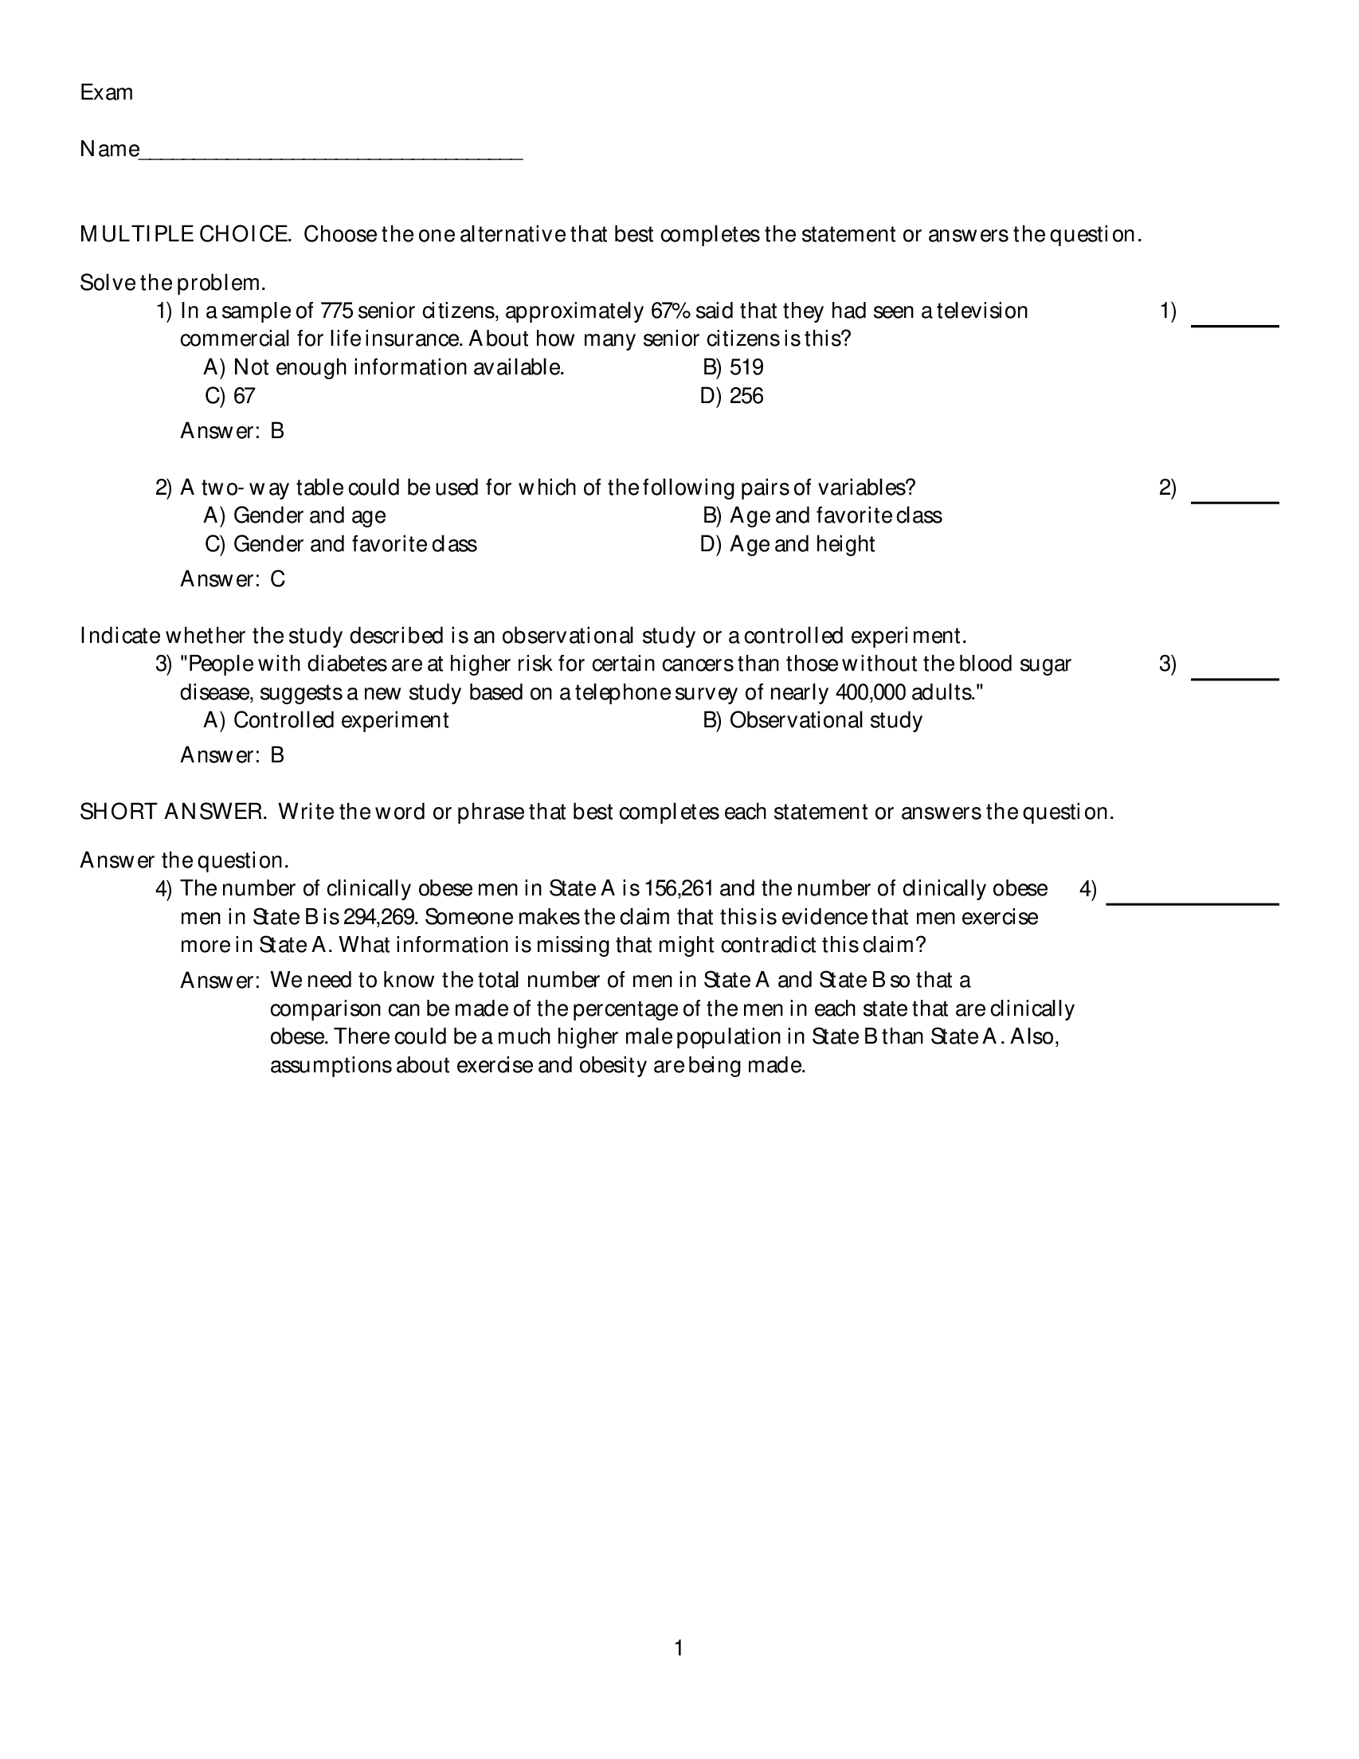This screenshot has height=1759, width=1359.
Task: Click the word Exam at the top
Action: tap(106, 92)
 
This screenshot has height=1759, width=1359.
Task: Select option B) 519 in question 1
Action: tap(733, 367)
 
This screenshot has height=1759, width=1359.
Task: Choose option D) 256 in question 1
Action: tap(731, 396)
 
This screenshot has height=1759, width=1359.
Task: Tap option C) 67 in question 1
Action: tap(230, 396)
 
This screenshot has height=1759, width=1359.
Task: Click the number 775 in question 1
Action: tap(337, 311)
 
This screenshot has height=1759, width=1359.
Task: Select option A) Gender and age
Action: tap(295, 515)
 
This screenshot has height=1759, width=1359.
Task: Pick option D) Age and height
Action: tap(787, 544)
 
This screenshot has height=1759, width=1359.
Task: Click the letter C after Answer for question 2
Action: tap(278, 579)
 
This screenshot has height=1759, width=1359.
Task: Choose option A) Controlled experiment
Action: tap(327, 720)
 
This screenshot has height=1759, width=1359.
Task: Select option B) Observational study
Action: tap(812, 720)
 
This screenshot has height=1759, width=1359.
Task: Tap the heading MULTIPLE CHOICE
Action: tap(186, 234)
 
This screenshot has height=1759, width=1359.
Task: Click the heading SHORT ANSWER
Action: tap(172, 812)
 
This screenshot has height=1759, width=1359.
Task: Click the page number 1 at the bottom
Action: tap(678, 1648)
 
